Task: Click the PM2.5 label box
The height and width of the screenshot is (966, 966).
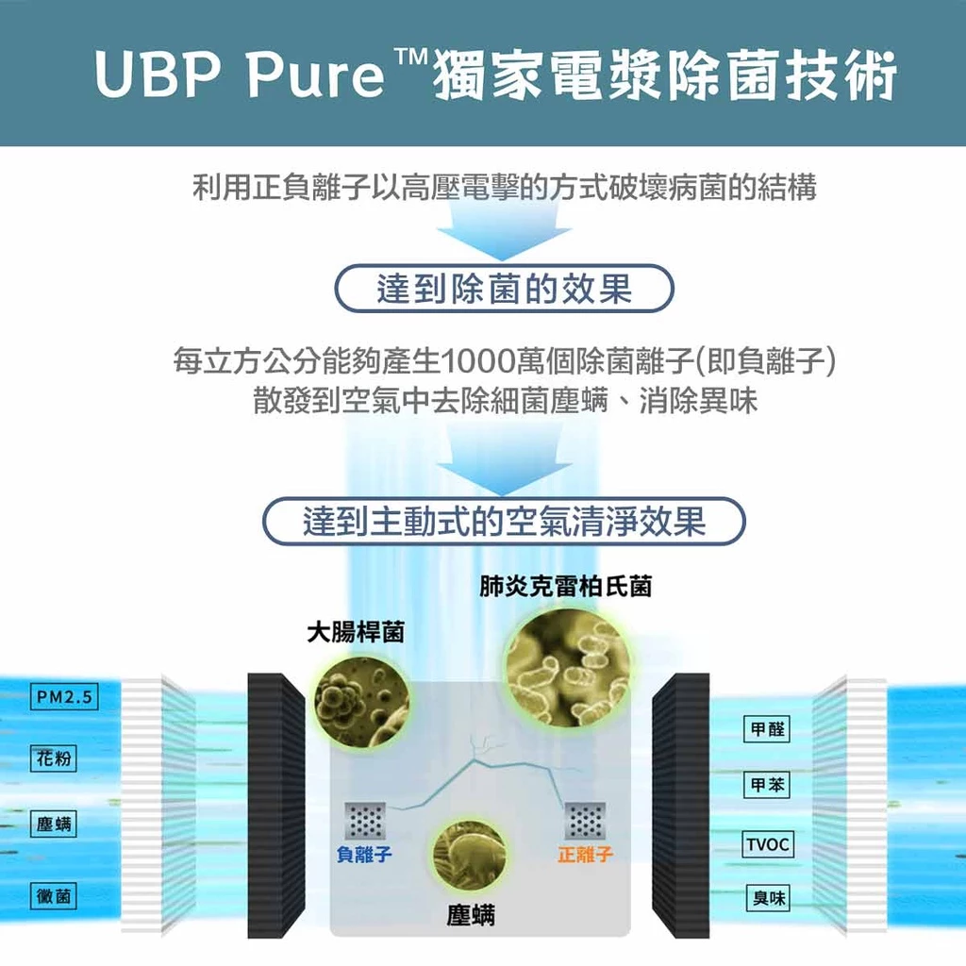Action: point(64,697)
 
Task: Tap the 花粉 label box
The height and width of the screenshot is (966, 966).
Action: point(54,758)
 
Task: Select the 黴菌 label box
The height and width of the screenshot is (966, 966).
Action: point(54,896)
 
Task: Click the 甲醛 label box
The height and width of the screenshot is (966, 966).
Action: point(767,729)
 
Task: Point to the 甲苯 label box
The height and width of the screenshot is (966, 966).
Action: point(767,785)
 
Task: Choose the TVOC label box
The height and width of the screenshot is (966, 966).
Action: point(768,844)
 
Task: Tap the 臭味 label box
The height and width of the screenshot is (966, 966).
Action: point(768,898)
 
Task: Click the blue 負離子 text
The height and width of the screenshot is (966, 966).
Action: point(364,854)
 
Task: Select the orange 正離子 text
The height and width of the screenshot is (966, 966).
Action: point(585,854)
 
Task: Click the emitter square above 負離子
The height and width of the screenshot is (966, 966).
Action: point(365,821)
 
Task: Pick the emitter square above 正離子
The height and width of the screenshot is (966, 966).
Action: point(585,821)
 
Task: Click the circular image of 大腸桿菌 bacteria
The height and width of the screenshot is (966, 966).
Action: point(361,700)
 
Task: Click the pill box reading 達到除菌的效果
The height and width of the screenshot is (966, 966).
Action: point(504,289)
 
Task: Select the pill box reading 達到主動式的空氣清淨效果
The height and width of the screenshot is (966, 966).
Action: point(504,521)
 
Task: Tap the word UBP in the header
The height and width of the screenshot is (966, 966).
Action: point(158,75)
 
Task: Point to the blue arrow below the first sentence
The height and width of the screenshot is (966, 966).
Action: point(504,231)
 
